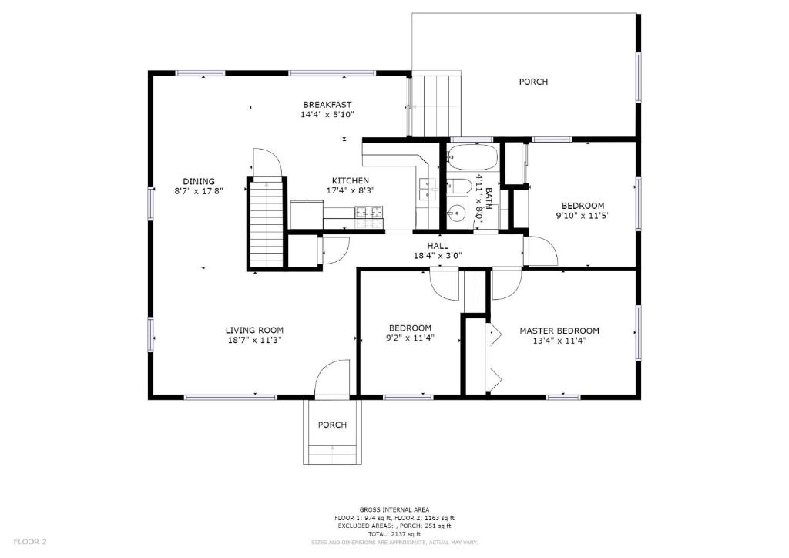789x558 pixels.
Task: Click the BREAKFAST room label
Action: pos(327,105)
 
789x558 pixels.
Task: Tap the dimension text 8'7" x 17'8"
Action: pos(199,191)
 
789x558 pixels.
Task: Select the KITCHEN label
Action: pos(351,180)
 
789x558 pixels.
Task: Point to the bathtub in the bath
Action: pos(472,157)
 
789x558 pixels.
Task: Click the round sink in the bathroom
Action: pos(456,213)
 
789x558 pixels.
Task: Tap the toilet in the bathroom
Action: pos(458,187)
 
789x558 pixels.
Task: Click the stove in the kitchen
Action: pos(370,212)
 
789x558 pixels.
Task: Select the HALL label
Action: pos(438,246)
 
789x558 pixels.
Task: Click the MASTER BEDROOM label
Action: pos(559,331)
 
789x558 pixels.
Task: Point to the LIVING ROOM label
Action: pos(254,331)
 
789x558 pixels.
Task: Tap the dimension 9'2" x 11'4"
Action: pos(410,338)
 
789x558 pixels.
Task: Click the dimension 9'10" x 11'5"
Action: pos(583,216)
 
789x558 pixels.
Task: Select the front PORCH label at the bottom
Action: pos(332,425)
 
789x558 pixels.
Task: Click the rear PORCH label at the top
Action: pos(533,82)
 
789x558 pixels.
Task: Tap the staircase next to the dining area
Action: pos(266,224)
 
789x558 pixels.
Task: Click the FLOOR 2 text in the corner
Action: pos(30,542)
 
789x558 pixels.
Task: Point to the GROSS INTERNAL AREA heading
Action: pos(394,509)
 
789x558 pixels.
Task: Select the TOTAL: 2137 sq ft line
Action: pos(394,534)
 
